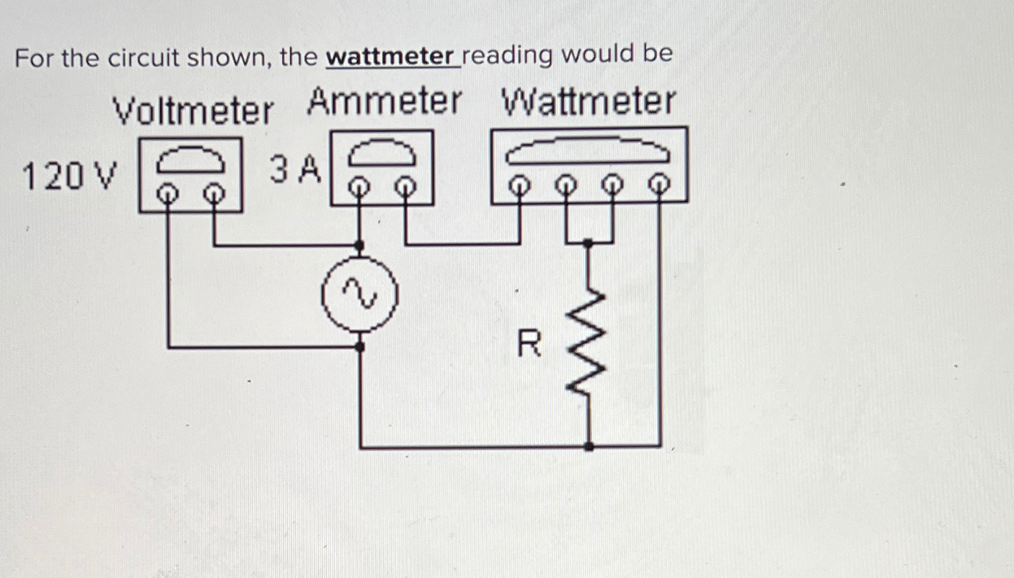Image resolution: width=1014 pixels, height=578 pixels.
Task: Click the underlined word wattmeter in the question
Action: [x=393, y=57]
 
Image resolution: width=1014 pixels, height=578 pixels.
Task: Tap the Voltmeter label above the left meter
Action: [x=193, y=111]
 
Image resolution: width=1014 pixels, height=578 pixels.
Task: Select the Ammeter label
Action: [x=384, y=102]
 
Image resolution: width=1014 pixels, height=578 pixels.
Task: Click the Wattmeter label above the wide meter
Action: [x=588, y=102]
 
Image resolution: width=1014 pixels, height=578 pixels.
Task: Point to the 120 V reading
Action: [x=70, y=176]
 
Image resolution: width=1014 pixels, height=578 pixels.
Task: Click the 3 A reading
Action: [x=296, y=170]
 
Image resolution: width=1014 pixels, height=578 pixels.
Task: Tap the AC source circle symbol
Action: [x=359, y=295]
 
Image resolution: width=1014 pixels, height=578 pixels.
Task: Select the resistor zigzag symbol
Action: [x=588, y=341]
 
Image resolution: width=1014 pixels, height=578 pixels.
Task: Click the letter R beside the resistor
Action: [x=529, y=344]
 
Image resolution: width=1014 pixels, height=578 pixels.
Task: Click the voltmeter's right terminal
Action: [x=214, y=192]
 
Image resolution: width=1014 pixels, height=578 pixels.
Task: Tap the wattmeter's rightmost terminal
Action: [x=660, y=185]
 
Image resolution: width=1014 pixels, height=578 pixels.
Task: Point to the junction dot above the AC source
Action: [x=359, y=246]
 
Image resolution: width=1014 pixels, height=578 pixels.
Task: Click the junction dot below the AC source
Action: [x=359, y=347]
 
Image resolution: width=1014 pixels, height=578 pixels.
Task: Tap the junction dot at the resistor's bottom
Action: [x=588, y=447]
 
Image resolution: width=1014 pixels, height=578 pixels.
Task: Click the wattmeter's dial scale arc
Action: [x=588, y=150]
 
